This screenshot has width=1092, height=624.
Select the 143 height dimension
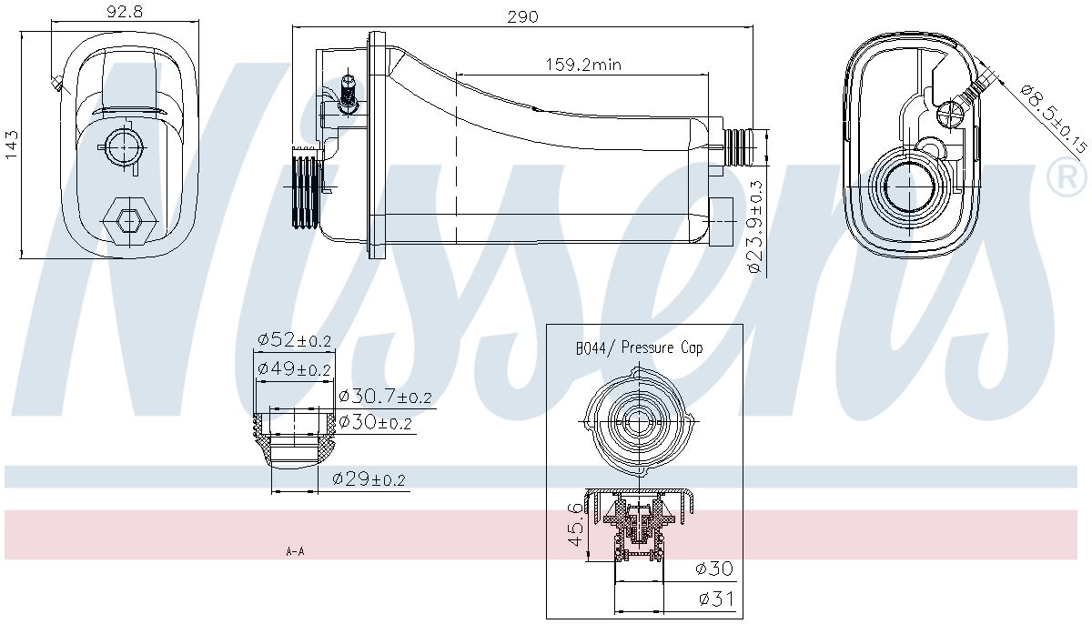click(12, 145)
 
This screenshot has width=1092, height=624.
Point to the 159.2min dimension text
click(582, 65)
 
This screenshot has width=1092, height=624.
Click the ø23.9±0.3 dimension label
click(754, 226)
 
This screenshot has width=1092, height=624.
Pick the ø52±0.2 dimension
click(294, 340)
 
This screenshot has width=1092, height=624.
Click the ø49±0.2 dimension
click(294, 368)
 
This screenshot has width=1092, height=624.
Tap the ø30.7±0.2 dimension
click(384, 397)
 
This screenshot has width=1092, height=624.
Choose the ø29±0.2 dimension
click(369, 479)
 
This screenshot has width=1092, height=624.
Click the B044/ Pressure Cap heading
click(639, 347)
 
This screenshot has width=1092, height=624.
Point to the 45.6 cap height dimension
click(574, 523)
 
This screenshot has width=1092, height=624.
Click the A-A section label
click(295, 551)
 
